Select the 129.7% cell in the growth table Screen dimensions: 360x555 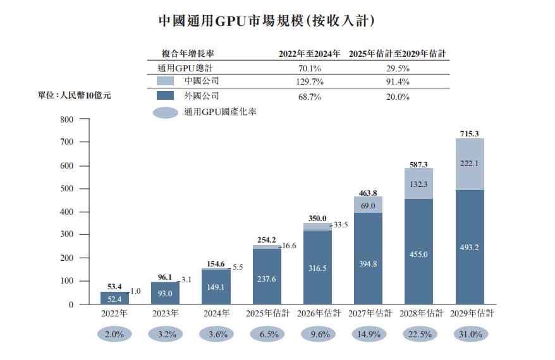pyautogui.click(x=309, y=82)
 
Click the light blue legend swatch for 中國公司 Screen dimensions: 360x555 pyautogui.click(x=165, y=81)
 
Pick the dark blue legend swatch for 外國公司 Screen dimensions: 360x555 pyautogui.click(x=165, y=96)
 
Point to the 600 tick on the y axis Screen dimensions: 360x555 pyautogui.click(x=66, y=165)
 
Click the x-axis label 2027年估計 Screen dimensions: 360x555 pyautogui.click(x=370, y=313)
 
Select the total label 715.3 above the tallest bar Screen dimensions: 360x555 pyautogui.click(x=469, y=133)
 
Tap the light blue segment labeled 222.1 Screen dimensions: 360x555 pyautogui.click(x=470, y=164)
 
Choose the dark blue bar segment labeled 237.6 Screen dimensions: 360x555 pyautogui.click(x=267, y=278)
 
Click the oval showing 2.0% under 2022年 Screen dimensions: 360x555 pyautogui.click(x=114, y=335)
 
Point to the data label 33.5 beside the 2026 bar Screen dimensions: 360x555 pyautogui.click(x=340, y=225)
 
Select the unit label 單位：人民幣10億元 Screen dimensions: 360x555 pyautogui.click(x=75, y=95)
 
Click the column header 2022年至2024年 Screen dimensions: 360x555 pyautogui.click(x=309, y=54)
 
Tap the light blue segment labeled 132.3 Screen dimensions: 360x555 pyautogui.click(x=418, y=184)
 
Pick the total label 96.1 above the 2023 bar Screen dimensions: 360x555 pyautogui.click(x=165, y=277)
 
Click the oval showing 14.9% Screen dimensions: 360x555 pyautogui.click(x=370, y=335)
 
